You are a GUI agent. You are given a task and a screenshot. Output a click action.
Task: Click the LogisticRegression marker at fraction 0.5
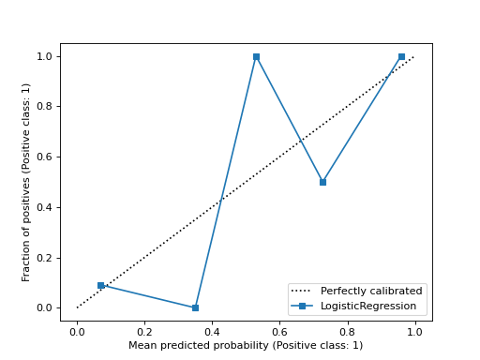pos(322,182)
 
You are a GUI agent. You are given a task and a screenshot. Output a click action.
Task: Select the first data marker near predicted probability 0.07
pos(100,285)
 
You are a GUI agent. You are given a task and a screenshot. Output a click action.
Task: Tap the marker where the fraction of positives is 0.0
pos(195,307)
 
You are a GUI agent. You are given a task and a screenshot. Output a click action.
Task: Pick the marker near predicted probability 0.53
pos(256,56)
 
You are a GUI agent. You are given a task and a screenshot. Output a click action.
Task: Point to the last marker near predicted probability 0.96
pos(401,56)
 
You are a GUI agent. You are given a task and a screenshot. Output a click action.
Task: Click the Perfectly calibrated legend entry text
pos(371,291)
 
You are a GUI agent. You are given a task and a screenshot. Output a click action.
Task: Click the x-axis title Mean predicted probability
pos(246,345)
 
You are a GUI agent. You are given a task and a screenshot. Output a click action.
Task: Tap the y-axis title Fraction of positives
pos(26,182)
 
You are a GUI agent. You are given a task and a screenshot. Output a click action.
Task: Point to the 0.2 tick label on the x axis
pos(144,331)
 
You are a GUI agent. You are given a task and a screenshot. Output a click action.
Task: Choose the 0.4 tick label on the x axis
pos(212,331)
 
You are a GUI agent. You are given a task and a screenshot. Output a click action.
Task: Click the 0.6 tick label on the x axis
pos(279,331)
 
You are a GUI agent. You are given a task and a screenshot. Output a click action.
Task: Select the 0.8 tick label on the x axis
pos(347,331)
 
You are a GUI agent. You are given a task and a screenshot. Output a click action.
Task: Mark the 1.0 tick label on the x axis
pos(414,331)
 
